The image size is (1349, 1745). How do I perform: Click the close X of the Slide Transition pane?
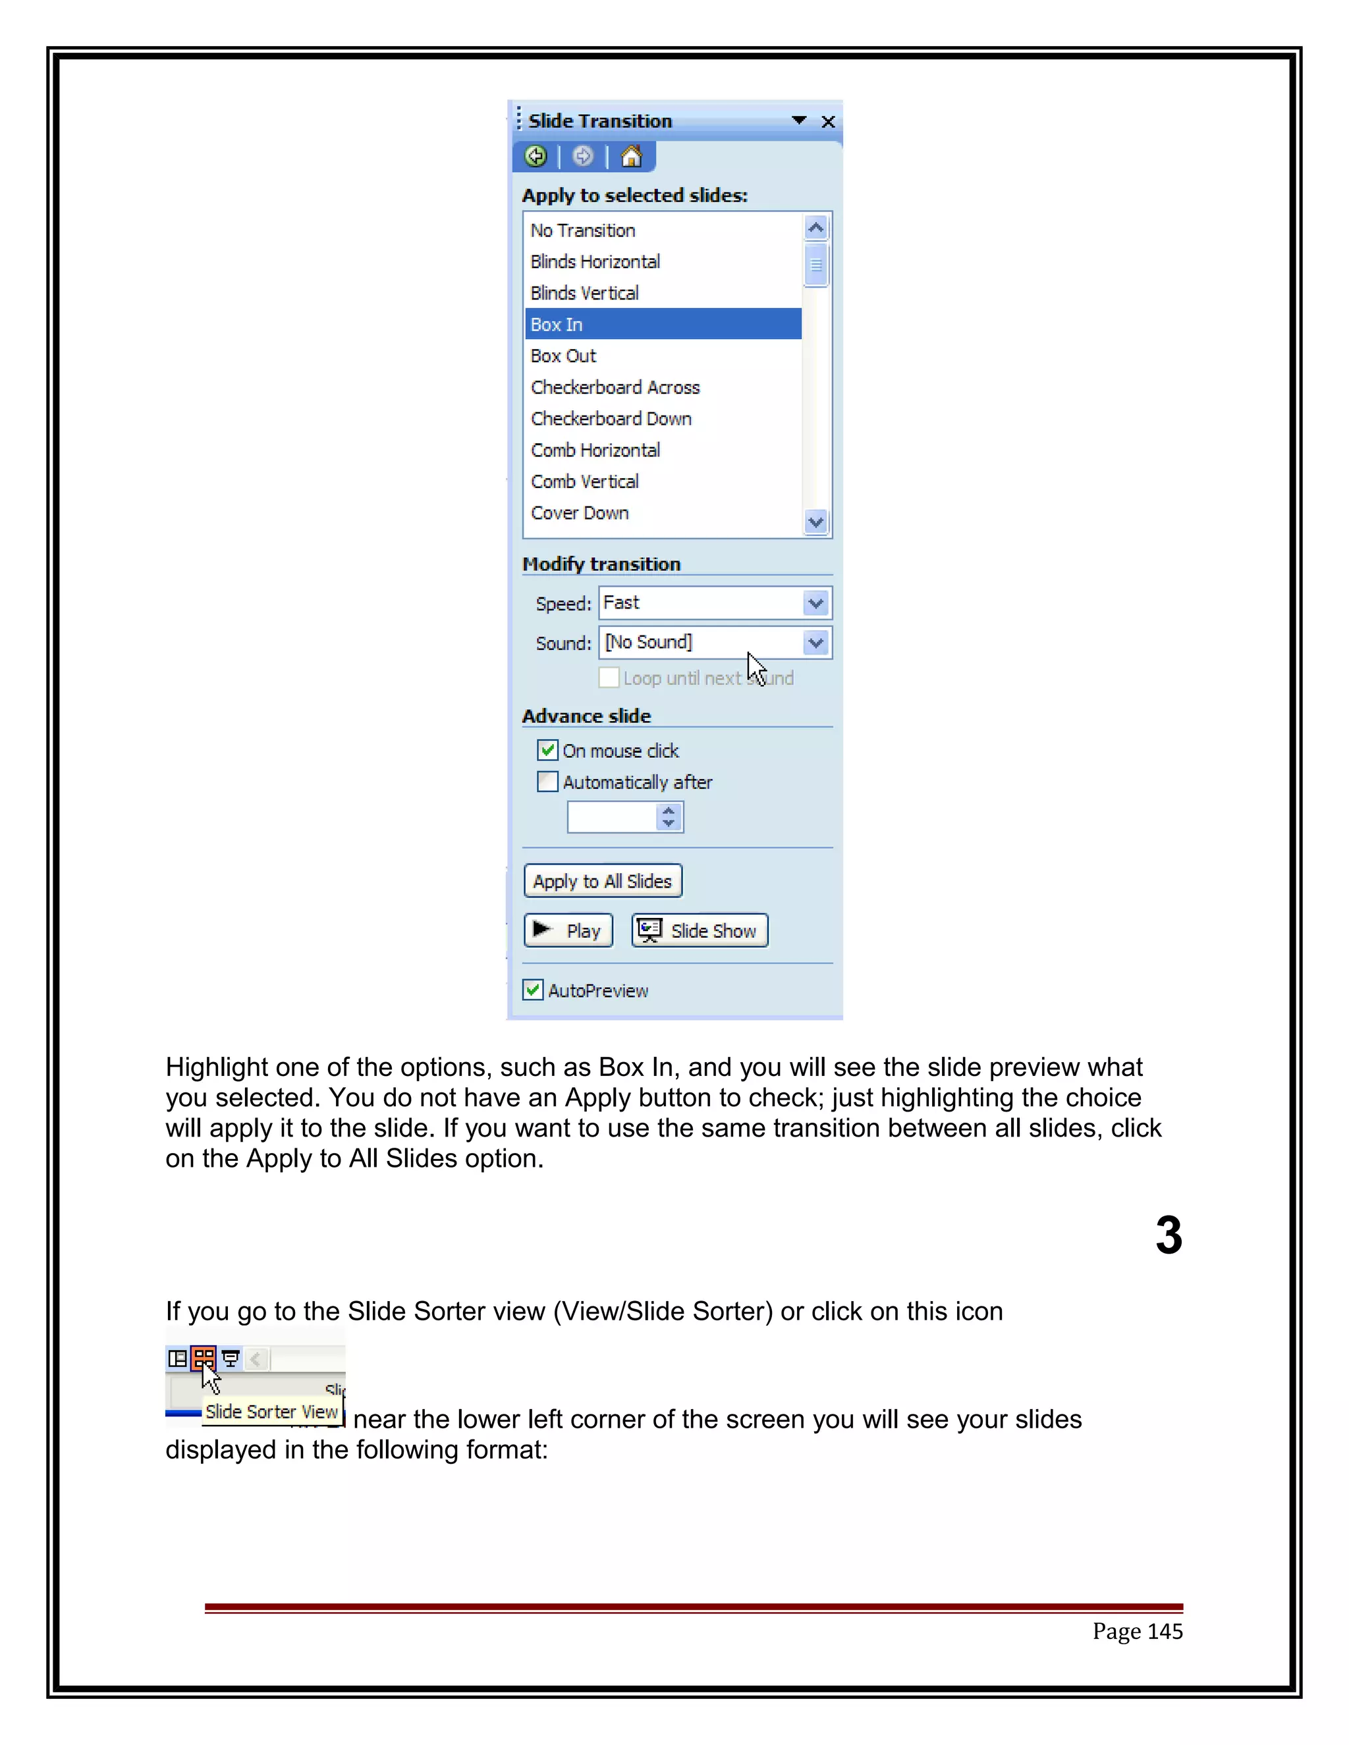828,121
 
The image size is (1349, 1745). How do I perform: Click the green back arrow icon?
536,156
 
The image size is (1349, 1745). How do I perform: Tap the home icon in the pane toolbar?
631,156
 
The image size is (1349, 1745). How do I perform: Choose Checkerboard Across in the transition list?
615,387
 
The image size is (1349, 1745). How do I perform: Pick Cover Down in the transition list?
580,513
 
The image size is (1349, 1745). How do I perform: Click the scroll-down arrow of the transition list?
816,523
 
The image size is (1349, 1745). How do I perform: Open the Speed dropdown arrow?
816,603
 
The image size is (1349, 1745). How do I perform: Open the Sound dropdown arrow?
816,643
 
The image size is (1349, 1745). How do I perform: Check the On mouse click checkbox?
547,750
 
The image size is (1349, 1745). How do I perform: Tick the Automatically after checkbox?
547,782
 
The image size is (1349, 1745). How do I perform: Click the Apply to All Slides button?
603,881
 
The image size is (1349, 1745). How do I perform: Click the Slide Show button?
700,931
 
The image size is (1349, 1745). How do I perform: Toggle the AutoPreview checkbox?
533,990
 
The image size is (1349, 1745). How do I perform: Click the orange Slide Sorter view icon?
204,1358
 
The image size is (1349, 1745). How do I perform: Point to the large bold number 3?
1169,1235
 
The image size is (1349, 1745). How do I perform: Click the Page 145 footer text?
1137,1630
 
